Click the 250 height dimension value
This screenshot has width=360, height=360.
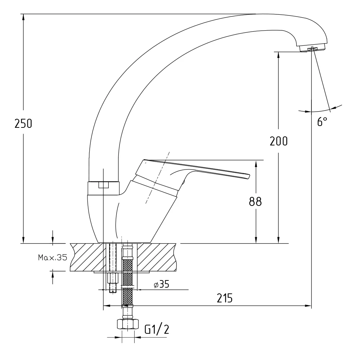(23, 123)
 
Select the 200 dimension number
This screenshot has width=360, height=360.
(279, 141)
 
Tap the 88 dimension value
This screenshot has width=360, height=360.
(255, 202)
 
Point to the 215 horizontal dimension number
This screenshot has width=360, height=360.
(225, 298)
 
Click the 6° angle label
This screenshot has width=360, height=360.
(322, 122)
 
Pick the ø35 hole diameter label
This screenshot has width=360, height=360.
(161, 284)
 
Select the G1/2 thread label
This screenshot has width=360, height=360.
(157, 329)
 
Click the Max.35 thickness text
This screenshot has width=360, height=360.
(53, 257)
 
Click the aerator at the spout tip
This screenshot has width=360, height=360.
(312, 48)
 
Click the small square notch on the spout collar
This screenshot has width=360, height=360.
(103, 185)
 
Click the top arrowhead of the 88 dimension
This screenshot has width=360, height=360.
(256, 163)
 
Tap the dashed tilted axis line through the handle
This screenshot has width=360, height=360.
(158, 176)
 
